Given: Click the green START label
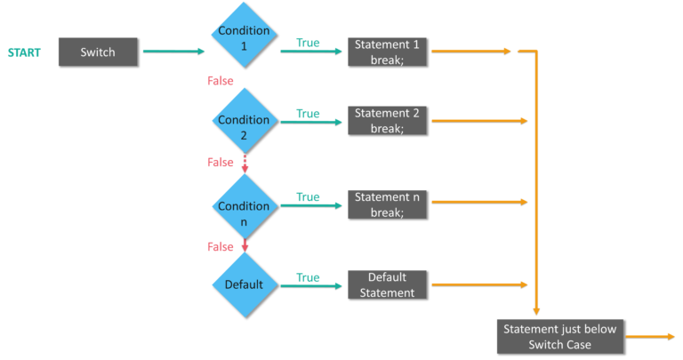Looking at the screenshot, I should pos(24,52).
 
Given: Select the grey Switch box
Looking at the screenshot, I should pos(98,52).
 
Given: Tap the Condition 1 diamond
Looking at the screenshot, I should pos(244,36).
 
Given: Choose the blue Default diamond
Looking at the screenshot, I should pos(244,285).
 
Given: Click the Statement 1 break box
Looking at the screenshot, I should pos(387,52).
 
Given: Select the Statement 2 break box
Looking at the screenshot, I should pos(387,120).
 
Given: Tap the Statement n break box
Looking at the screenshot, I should pos(387,204).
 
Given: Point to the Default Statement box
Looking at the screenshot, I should pos(387,284).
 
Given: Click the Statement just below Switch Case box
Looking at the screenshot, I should pos(559,336).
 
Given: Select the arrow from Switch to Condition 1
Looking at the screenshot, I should pos(173,52).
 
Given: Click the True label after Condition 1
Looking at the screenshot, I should pos(308,43).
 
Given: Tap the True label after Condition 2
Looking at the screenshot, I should pos(308,113).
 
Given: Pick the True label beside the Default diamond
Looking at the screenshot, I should pos(308,277).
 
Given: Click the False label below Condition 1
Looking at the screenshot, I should pos(221,81).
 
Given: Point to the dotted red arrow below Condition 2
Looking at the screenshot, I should pos(245,163).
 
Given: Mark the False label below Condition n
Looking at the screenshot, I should pos(221,246).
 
